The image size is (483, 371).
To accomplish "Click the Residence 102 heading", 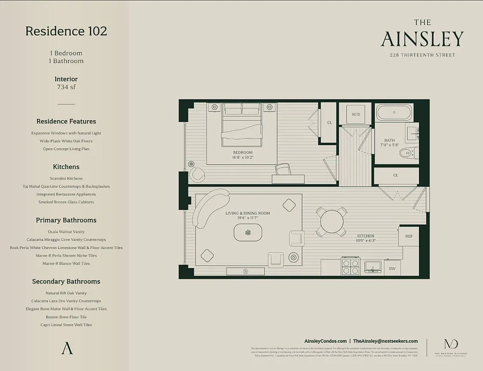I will click(x=66, y=31).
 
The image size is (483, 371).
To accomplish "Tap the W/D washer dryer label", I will click(x=356, y=114).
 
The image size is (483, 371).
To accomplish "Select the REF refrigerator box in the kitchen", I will click(x=409, y=236).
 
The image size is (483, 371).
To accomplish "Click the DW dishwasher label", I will click(x=393, y=269).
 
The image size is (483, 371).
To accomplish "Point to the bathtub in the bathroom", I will click(x=394, y=112).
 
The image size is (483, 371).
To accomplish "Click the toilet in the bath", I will click(x=409, y=152).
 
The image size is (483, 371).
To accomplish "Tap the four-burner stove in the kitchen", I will click(x=351, y=267).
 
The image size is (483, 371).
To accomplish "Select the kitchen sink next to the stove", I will click(x=373, y=266).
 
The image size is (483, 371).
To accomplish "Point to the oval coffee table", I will click(x=248, y=232).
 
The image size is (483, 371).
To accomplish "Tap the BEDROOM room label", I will click(x=243, y=153).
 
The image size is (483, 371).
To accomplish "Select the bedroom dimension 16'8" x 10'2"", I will click(x=243, y=158).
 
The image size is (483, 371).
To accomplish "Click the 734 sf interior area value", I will click(x=66, y=87).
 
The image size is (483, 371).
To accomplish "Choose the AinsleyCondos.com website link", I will click(x=325, y=341).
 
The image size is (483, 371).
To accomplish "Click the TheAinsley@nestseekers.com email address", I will click(x=385, y=341).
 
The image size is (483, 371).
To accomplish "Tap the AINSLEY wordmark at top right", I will click(x=422, y=39).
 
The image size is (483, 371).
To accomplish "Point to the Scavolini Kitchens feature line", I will click(x=66, y=178).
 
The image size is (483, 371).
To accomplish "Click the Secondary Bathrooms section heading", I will click(x=66, y=281).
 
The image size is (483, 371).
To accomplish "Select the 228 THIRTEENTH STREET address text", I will click(x=422, y=55).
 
